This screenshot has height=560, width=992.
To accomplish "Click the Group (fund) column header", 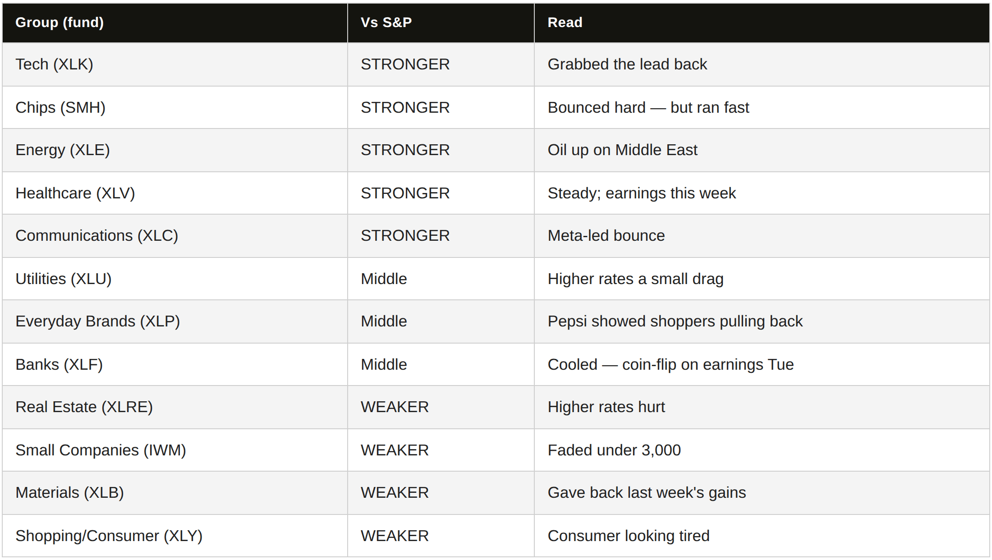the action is [x=60, y=23].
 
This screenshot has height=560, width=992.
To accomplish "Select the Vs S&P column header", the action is [x=386, y=23].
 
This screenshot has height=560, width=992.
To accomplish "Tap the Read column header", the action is [x=565, y=23].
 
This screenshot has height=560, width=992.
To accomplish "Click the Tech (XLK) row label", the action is [x=54, y=64].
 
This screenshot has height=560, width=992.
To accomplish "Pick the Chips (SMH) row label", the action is [x=60, y=108].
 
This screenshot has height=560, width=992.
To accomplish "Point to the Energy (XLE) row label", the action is [x=63, y=150].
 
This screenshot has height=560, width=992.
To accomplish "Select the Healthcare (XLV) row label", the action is [x=75, y=193].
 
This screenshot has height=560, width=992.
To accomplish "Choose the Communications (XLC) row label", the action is [x=97, y=236].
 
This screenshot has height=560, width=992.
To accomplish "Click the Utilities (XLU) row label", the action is [x=64, y=279].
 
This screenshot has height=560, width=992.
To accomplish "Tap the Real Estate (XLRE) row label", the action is [x=84, y=407].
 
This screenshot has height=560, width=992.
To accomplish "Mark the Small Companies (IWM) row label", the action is [x=101, y=450].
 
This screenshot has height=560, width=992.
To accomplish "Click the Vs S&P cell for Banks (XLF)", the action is [x=384, y=364].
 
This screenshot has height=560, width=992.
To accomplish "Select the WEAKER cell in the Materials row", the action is [x=395, y=493].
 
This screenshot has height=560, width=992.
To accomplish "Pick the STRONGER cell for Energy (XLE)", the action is [x=405, y=150].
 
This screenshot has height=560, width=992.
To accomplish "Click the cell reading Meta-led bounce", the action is [x=606, y=236].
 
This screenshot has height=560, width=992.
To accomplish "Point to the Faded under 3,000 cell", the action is [x=614, y=450].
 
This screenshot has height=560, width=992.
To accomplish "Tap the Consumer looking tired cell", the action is [x=629, y=536].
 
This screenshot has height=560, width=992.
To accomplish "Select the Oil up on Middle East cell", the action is [x=622, y=150].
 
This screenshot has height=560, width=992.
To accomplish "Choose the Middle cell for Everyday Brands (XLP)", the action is [x=384, y=321].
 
